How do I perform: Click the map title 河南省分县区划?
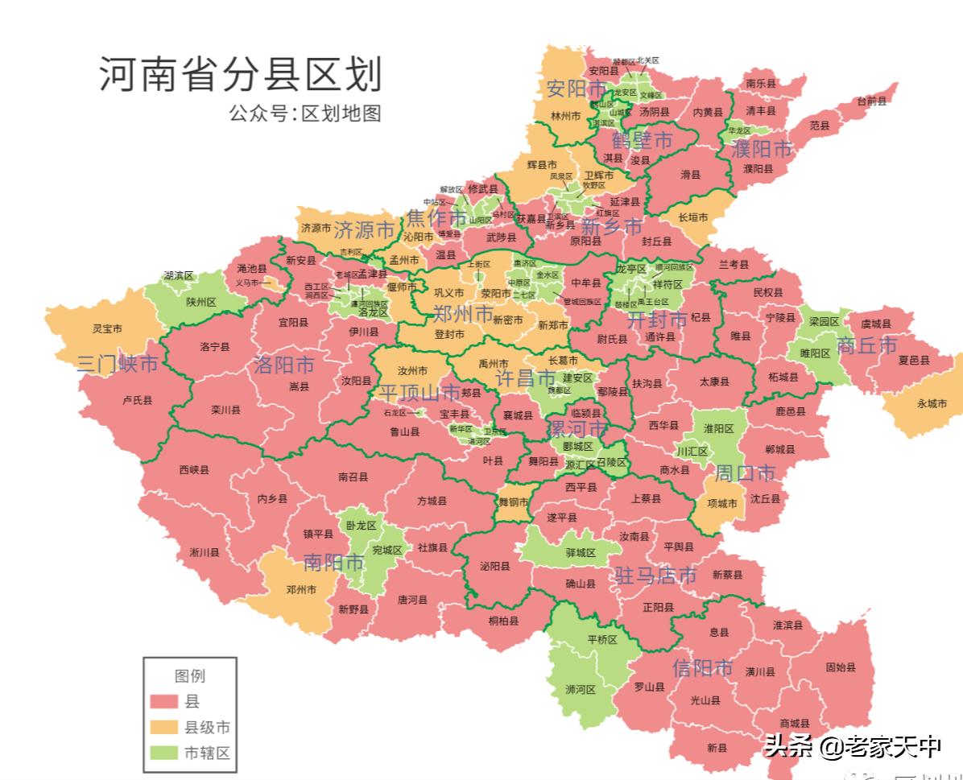point(240,75)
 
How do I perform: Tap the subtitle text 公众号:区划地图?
point(304,113)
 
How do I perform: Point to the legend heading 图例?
point(190,675)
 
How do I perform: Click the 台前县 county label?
point(871,101)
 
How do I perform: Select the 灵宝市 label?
point(106,329)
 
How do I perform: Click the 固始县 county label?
point(840,667)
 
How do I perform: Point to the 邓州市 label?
point(301,589)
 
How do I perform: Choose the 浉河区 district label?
point(580,690)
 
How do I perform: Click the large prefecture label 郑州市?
point(463,314)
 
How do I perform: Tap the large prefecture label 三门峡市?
point(118,364)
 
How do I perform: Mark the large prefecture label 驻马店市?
point(655,576)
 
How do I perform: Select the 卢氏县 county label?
point(137,399)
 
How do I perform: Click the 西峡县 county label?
point(194,469)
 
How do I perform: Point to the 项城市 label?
point(721,504)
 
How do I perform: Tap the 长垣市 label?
point(693,217)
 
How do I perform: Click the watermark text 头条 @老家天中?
point(853,748)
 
